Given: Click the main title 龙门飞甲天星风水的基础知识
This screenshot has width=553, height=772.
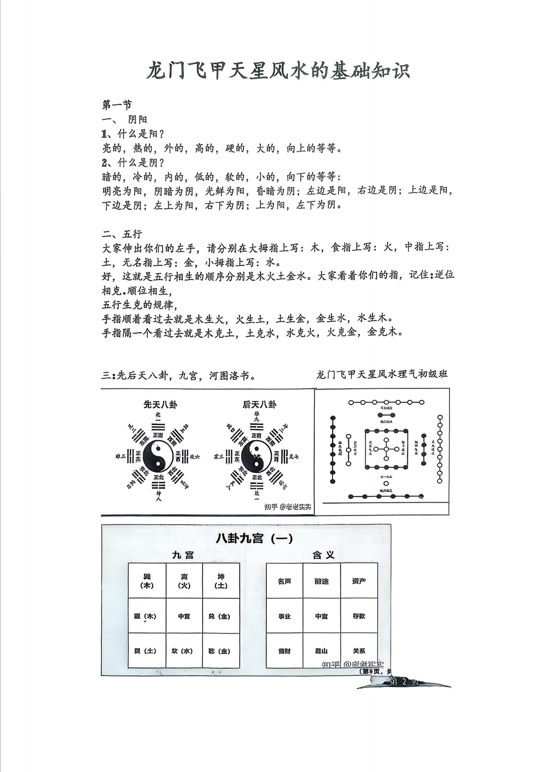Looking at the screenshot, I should pyautogui.click(x=279, y=70).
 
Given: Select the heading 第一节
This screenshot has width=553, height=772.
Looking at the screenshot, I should pyautogui.click(x=117, y=105).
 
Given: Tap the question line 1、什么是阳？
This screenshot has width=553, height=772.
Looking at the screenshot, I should pyautogui.click(x=133, y=134).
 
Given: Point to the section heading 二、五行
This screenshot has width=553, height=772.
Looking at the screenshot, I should pyautogui.click(x=122, y=233).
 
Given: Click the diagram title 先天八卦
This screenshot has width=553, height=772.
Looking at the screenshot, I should pyautogui.click(x=160, y=404).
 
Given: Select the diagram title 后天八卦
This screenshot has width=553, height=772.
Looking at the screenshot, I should pyautogui.click(x=259, y=404).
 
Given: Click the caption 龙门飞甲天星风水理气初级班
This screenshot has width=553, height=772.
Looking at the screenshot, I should pyautogui.click(x=382, y=374).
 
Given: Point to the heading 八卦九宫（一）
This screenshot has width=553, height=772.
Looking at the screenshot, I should pyautogui.click(x=254, y=538).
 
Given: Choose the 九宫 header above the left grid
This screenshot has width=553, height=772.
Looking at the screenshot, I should pyautogui.click(x=183, y=555).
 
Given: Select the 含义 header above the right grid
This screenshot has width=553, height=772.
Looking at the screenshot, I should pyautogui.click(x=323, y=555).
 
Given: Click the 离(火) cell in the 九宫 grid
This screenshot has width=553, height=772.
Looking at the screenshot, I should pyautogui.click(x=184, y=581).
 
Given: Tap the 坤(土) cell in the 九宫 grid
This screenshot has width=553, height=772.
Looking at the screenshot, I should pyautogui.click(x=221, y=581).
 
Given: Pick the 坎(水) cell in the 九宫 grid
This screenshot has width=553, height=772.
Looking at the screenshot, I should pyautogui.click(x=184, y=651).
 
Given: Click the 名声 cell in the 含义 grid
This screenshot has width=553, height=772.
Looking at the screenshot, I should pyautogui.click(x=284, y=581).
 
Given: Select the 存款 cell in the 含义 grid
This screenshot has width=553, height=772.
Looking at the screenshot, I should pyautogui.click(x=359, y=616).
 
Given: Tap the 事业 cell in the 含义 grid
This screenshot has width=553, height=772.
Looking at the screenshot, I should pyautogui.click(x=284, y=616).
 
